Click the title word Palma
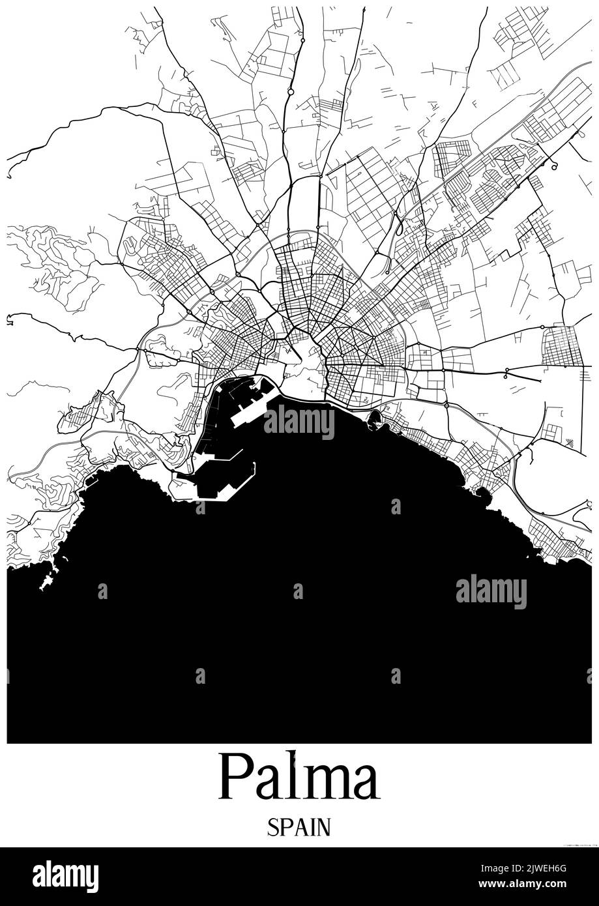pyautogui.click(x=299, y=776)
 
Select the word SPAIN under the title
pyautogui.click(x=299, y=827)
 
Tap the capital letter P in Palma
pyautogui.click(x=236, y=776)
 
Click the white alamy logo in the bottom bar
pyautogui.click(x=65, y=877)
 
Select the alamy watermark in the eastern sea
pyautogui.click(x=491, y=592)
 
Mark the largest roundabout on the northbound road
pyautogui.click(x=290, y=93)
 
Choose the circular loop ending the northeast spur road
pyautogui.click(x=554, y=167)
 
